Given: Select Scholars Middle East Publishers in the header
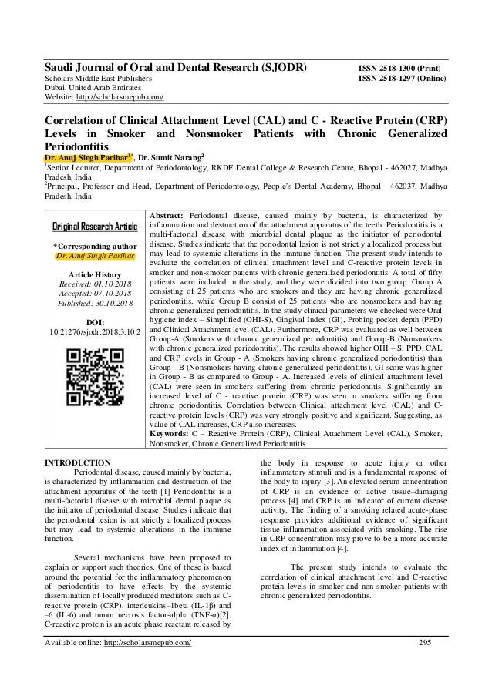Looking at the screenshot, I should [98, 78].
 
